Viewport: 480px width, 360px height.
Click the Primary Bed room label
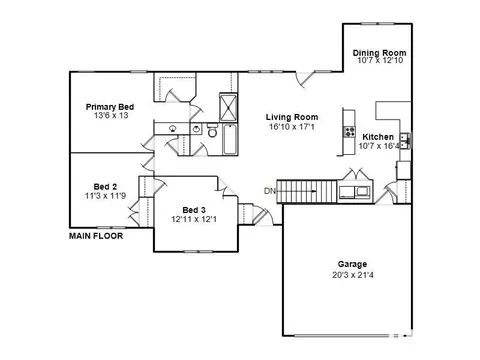(110, 107)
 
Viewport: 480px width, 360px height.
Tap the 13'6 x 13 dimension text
(111, 116)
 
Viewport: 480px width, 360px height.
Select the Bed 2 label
(105, 187)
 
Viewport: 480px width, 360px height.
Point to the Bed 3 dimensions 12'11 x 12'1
(194, 219)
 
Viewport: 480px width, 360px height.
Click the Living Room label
(292, 117)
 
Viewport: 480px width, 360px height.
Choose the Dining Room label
(380, 53)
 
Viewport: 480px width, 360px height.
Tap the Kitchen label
(378, 137)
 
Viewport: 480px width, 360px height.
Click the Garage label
(352, 264)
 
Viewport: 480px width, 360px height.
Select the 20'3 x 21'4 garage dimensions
(353, 275)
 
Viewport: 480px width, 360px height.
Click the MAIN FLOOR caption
(96, 236)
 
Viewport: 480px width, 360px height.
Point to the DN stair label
(270, 191)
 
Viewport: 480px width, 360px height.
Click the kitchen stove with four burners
(350, 132)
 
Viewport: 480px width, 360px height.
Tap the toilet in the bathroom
(212, 130)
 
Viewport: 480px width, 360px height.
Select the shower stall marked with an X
(228, 107)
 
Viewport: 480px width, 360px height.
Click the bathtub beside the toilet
(230, 139)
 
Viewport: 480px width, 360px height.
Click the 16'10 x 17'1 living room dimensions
(292, 127)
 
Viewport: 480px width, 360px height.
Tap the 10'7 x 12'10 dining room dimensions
(380, 60)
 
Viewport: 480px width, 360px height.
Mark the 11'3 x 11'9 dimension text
(105, 196)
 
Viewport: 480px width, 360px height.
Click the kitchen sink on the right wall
(405, 141)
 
